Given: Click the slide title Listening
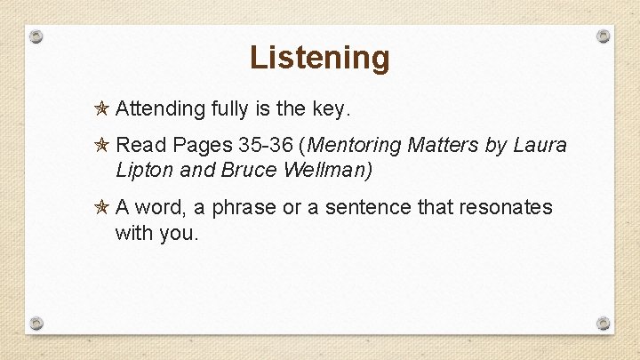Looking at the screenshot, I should click(x=319, y=57).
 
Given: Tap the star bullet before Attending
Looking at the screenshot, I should click(x=102, y=109).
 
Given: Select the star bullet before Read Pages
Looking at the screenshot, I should click(x=102, y=144).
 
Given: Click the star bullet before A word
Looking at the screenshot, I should click(x=102, y=207).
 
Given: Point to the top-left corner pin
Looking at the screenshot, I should click(x=36, y=36).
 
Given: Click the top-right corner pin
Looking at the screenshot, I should click(x=604, y=36).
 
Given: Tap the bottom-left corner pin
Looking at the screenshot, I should click(x=36, y=323).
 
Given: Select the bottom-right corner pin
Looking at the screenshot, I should click(x=604, y=323).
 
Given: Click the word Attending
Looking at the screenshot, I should click(x=160, y=109).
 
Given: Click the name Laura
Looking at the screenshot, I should click(x=540, y=144).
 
